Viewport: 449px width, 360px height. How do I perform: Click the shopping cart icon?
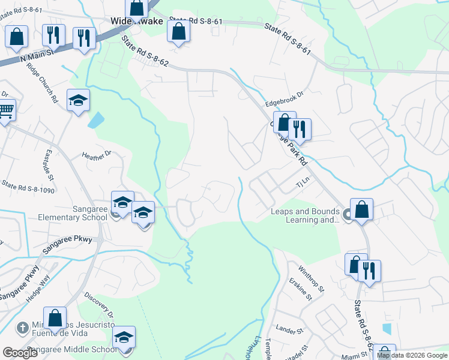click(x=5, y=111)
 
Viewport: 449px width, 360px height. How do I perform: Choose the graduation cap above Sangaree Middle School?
click(x=124, y=337)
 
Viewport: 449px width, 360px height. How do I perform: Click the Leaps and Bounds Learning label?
click(x=305, y=215)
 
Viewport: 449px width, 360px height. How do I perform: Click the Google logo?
click(x=20, y=353)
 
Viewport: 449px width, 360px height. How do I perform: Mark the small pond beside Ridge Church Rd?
click(x=95, y=120)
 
